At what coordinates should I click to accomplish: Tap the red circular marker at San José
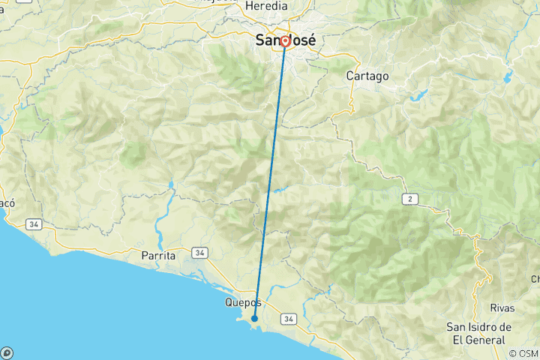click(285, 41)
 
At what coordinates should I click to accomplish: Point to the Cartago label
click(367, 76)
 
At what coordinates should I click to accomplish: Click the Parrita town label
click(158, 256)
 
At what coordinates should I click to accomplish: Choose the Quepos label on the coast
click(243, 303)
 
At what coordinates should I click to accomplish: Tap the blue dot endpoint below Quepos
click(255, 319)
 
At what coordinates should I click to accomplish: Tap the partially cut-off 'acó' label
click(7, 203)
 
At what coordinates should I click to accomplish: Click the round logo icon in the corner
click(7, 352)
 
